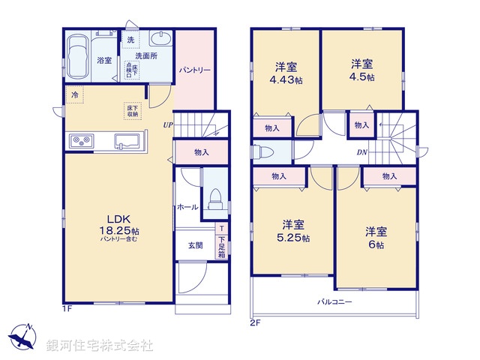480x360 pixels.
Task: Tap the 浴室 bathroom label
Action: [104, 60]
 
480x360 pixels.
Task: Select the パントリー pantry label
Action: [194, 70]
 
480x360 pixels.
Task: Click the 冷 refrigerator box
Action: [74, 95]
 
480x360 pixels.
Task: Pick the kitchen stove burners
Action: [80, 140]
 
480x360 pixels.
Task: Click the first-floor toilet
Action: [214, 197]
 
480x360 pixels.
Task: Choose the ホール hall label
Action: [187, 206]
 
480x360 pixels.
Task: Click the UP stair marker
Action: [168, 125]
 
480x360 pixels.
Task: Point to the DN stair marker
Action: [361, 153]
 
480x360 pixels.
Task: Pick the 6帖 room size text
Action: [375, 244]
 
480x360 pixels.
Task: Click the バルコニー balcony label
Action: [334, 301]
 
